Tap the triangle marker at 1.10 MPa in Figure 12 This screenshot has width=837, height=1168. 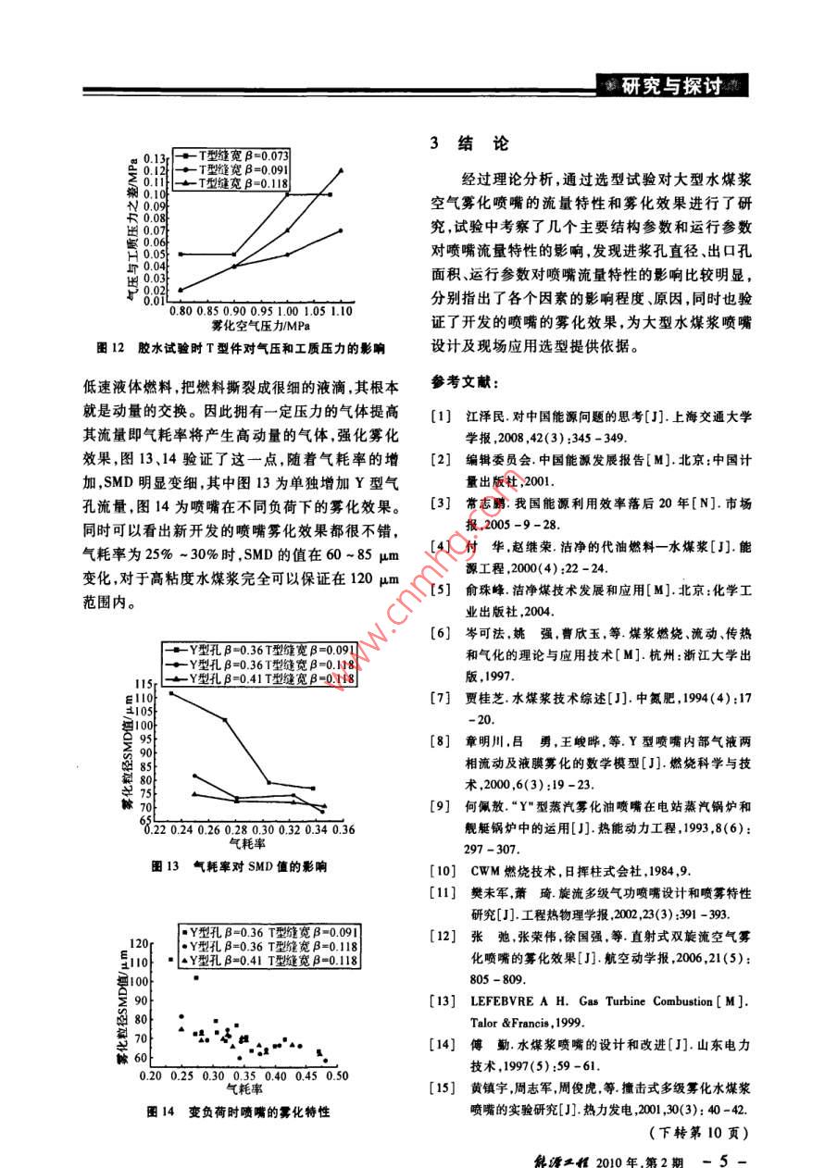[341, 170]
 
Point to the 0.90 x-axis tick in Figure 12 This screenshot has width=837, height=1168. [233, 312]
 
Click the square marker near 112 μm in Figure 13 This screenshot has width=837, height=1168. [172, 693]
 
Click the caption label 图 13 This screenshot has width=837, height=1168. [163, 866]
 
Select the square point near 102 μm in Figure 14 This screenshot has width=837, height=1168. [195, 977]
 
